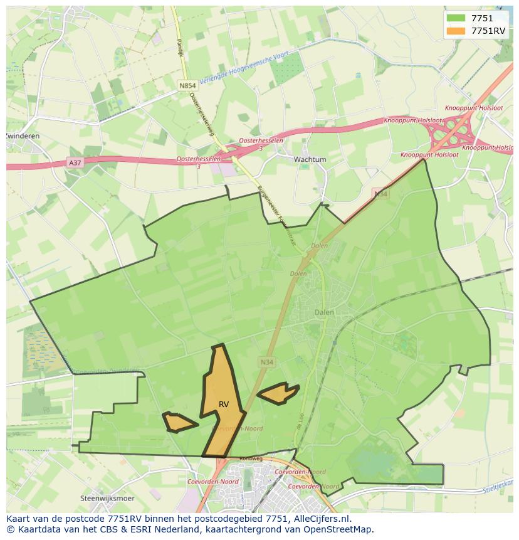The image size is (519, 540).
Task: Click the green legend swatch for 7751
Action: tap(456, 18)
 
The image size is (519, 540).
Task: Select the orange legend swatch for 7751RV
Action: tap(456, 31)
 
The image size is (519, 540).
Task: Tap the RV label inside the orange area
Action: tap(224, 405)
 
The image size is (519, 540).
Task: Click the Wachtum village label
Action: tap(310, 159)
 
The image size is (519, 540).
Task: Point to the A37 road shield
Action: tap(75, 162)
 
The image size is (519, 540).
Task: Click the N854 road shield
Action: tap(187, 85)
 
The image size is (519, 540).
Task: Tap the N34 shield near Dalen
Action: tap(266, 362)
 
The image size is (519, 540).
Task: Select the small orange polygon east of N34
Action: tap(278, 393)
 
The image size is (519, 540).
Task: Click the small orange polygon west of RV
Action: tap(179, 422)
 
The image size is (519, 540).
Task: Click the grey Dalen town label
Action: tap(324, 312)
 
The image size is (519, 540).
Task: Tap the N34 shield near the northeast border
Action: tap(380, 194)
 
